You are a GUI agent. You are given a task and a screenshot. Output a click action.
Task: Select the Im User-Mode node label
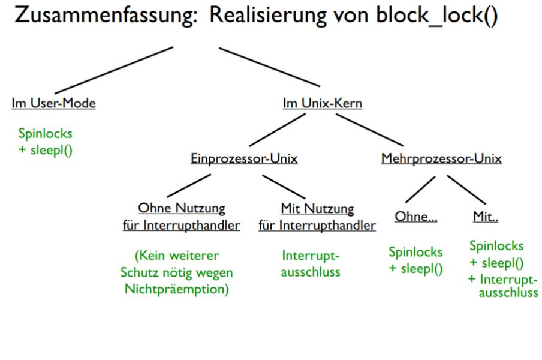(52, 103)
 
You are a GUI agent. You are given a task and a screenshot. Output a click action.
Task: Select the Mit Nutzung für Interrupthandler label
(317, 217)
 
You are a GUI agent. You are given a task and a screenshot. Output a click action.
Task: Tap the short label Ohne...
(415, 217)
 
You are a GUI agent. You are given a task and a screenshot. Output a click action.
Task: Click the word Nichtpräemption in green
(179, 288)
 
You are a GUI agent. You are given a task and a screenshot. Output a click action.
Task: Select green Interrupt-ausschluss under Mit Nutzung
(310, 264)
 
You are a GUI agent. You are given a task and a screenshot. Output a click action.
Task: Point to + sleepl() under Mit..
(494, 262)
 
